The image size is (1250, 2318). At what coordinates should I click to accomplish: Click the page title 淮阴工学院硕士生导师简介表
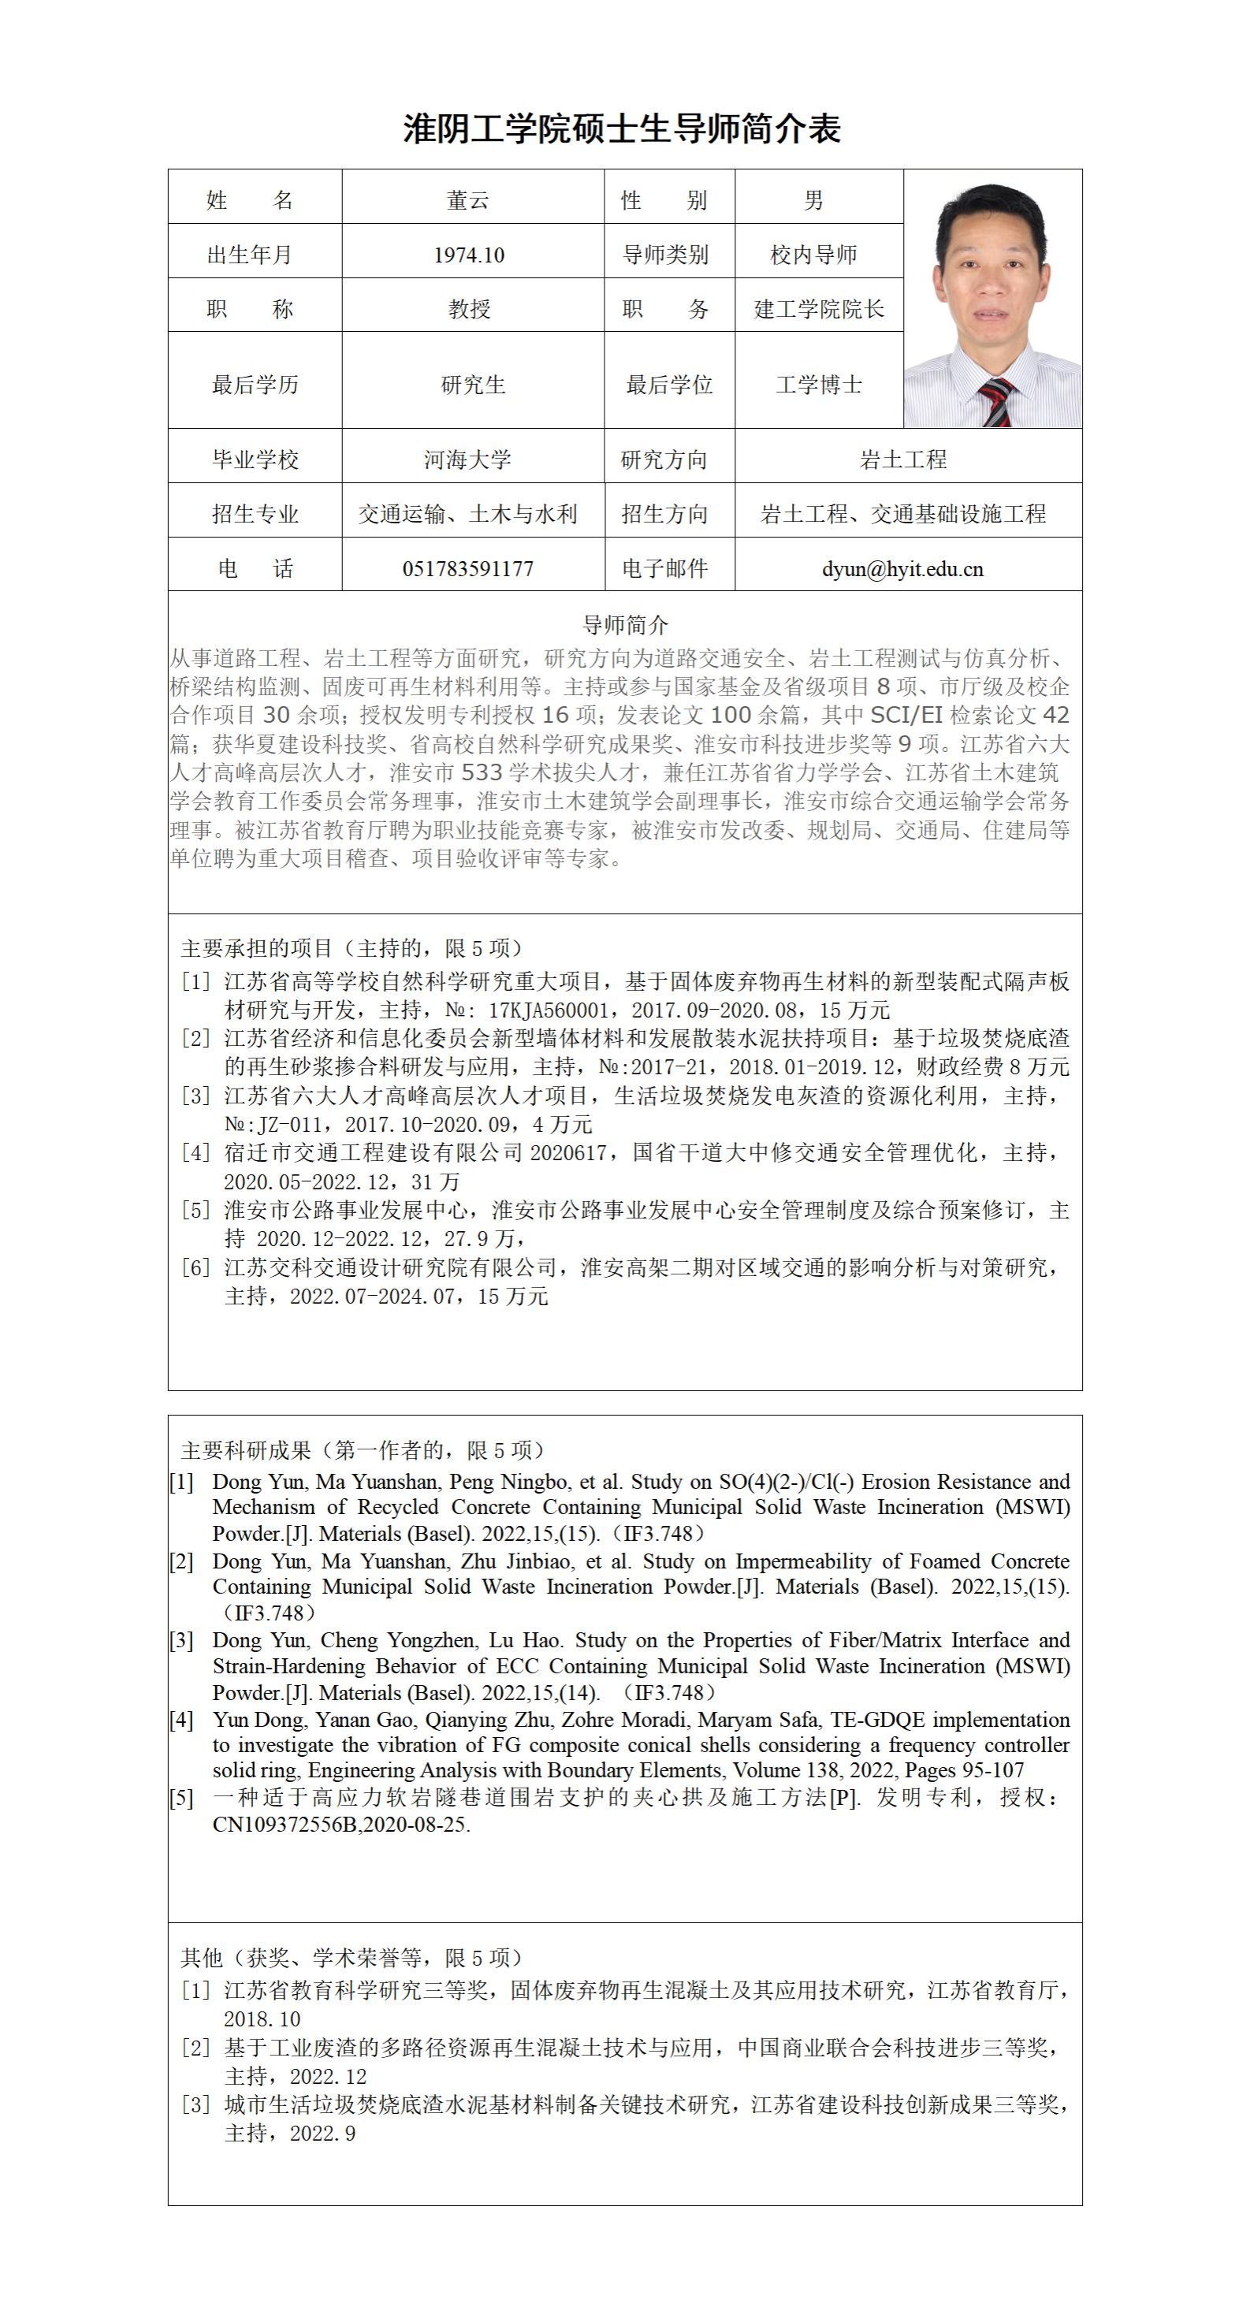(x=622, y=129)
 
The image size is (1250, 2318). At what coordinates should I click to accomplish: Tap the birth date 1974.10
(x=469, y=255)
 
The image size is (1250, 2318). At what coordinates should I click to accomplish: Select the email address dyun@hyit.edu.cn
(x=902, y=570)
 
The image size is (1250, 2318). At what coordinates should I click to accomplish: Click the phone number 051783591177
(x=468, y=570)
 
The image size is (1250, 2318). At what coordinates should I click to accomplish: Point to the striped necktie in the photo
(x=997, y=401)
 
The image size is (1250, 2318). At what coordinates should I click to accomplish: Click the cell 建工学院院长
(x=819, y=310)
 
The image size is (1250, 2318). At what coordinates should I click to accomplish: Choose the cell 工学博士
(x=819, y=385)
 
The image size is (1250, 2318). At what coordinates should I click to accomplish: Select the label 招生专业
(x=255, y=515)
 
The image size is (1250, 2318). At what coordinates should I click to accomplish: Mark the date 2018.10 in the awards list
(x=262, y=2019)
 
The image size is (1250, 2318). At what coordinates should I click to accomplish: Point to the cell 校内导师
(x=813, y=255)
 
